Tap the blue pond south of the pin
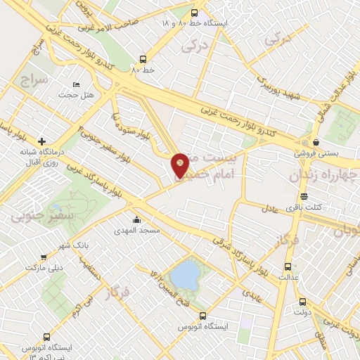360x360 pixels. tap(185, 275)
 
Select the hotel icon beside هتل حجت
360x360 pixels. tap(76, 85)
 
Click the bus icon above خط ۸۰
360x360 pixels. tap(143, 60)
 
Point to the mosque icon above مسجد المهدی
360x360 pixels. tap(136, 220)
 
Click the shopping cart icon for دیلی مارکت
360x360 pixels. tap(44, 258)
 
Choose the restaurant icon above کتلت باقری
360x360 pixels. tap(304, 197)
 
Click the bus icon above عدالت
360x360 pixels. tap(287, 267)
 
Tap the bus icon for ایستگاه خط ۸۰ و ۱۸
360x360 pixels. tap(195, 12)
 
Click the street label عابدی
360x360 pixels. tap(252, 292)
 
